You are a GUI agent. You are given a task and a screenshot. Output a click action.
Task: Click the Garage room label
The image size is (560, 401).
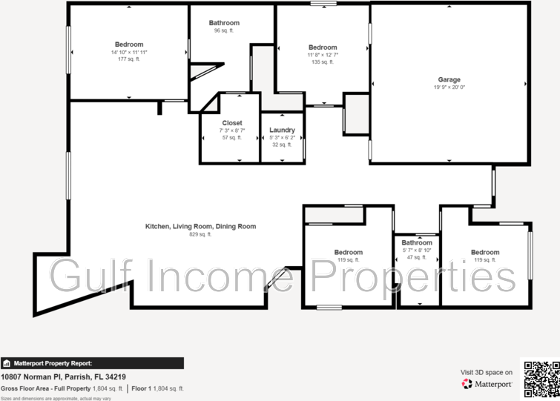coord(449,79)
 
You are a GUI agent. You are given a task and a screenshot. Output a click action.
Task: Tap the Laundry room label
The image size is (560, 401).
coord(282,130)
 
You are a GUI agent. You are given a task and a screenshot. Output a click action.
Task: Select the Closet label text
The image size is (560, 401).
coord(232,123)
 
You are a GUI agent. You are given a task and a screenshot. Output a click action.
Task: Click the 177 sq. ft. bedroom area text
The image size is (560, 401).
coord(129,59)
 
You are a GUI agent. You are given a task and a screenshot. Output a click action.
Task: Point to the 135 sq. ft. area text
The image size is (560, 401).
coord(323,62)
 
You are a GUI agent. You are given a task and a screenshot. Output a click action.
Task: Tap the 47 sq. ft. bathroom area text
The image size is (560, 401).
coord(416,257)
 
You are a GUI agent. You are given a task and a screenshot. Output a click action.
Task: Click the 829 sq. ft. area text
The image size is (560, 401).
coord(200,234)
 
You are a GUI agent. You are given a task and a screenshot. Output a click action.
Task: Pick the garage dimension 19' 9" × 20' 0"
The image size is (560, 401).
coord(449,87)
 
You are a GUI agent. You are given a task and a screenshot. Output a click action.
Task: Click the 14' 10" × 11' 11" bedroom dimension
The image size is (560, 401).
coord(129,52)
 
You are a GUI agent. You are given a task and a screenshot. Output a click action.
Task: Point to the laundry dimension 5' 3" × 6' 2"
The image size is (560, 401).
coord(282,137)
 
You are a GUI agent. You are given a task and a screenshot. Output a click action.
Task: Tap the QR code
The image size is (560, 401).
coord(541,377)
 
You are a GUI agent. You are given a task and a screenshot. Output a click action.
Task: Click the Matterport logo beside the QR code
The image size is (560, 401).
coord(487,384)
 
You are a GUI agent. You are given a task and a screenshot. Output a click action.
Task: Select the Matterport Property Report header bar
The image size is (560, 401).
coord(92,363)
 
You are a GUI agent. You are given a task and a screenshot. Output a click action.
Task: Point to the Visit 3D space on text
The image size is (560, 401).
coord(486,372)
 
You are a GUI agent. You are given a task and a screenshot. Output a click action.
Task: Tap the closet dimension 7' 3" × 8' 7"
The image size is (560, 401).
coord(232,130)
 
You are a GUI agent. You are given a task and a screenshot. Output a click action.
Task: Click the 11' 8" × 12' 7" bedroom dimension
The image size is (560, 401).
coord(323,55)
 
